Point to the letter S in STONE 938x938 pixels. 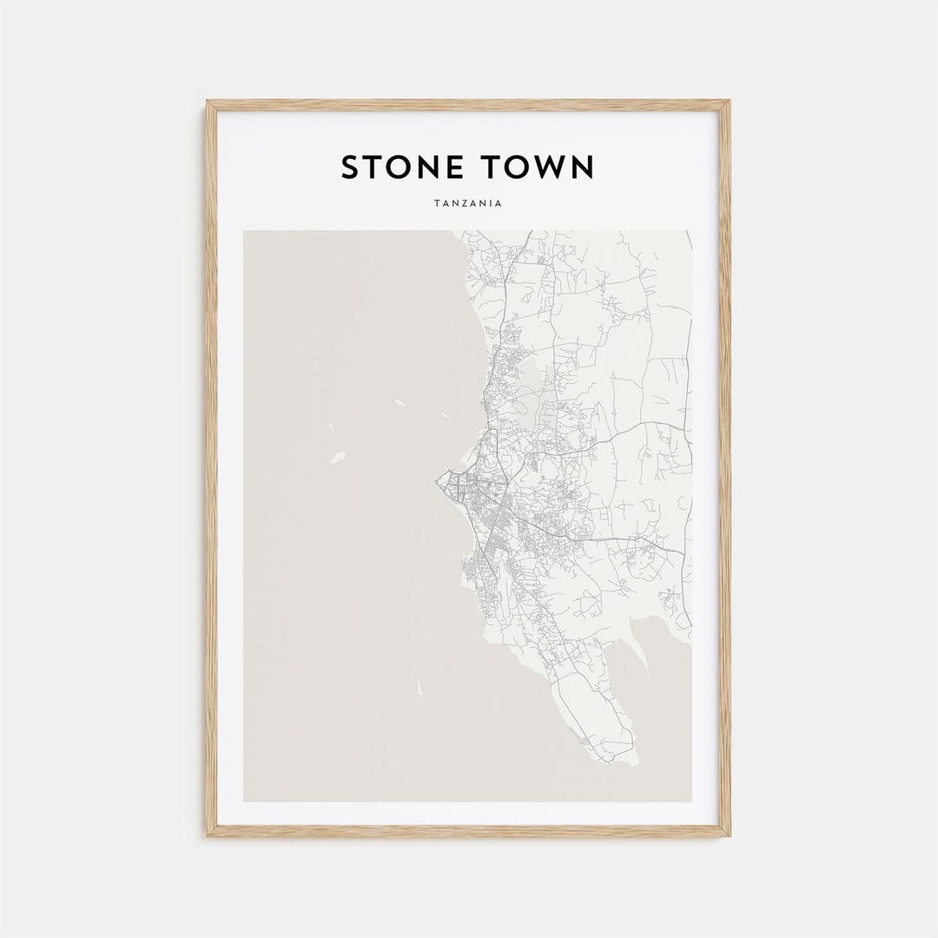[x=350, y=168]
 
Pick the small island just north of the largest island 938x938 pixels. [x=330, y=427]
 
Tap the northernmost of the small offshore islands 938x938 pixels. [x=400, y=402]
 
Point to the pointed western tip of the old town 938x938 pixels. [x=437, y=479]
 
